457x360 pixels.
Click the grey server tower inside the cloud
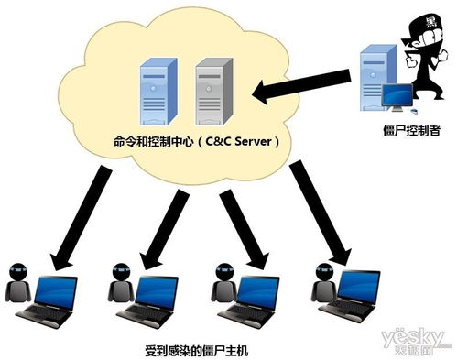212,94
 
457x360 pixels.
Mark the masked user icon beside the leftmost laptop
19,285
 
